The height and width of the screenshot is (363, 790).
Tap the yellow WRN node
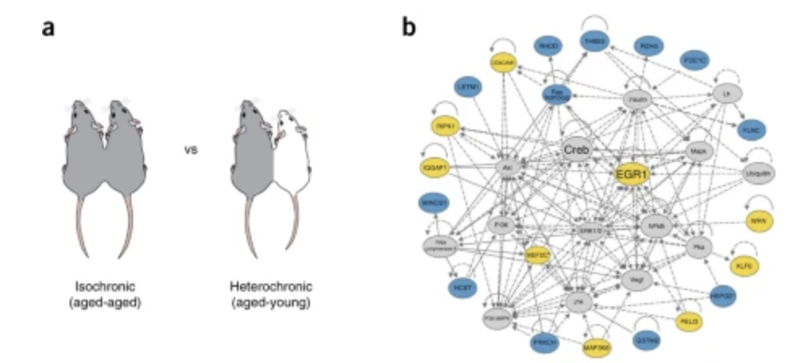758,220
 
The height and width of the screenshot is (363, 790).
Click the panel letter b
410,27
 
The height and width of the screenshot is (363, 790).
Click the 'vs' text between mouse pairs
191,151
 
